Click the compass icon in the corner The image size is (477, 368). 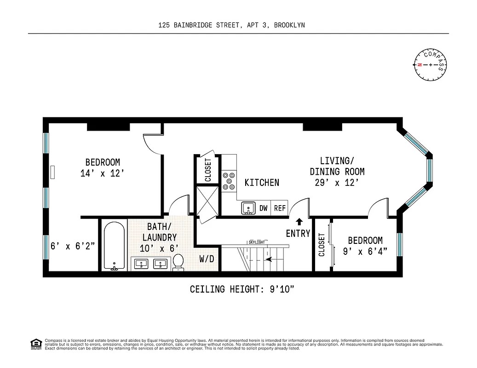click(x=431, y=64)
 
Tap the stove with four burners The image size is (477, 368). click(x=228, y=181)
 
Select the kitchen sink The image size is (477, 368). click(x=248, y=208)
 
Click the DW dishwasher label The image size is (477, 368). click(x=263, y=208)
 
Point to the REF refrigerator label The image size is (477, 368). click(x=280, y=208)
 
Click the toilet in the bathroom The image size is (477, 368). click(x=178, y=262)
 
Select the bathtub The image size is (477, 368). click(x=114, y=247)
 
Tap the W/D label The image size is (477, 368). click(x=207, y=259)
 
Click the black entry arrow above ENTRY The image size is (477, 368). click(x=299, y=222)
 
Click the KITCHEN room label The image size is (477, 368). click(x=261, y=183)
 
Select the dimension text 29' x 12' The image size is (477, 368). click(x=337, y=183)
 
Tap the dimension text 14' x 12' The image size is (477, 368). click(x=103, y=173)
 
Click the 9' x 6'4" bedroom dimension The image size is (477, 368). click(x=365, y=251)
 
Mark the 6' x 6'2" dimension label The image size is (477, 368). click(x=73, y=246)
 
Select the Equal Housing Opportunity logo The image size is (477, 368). click(x=35, y=344)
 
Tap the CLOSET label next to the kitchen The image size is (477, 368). click(x=208, y=170)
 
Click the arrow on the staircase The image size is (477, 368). click(x=268, y=259)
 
